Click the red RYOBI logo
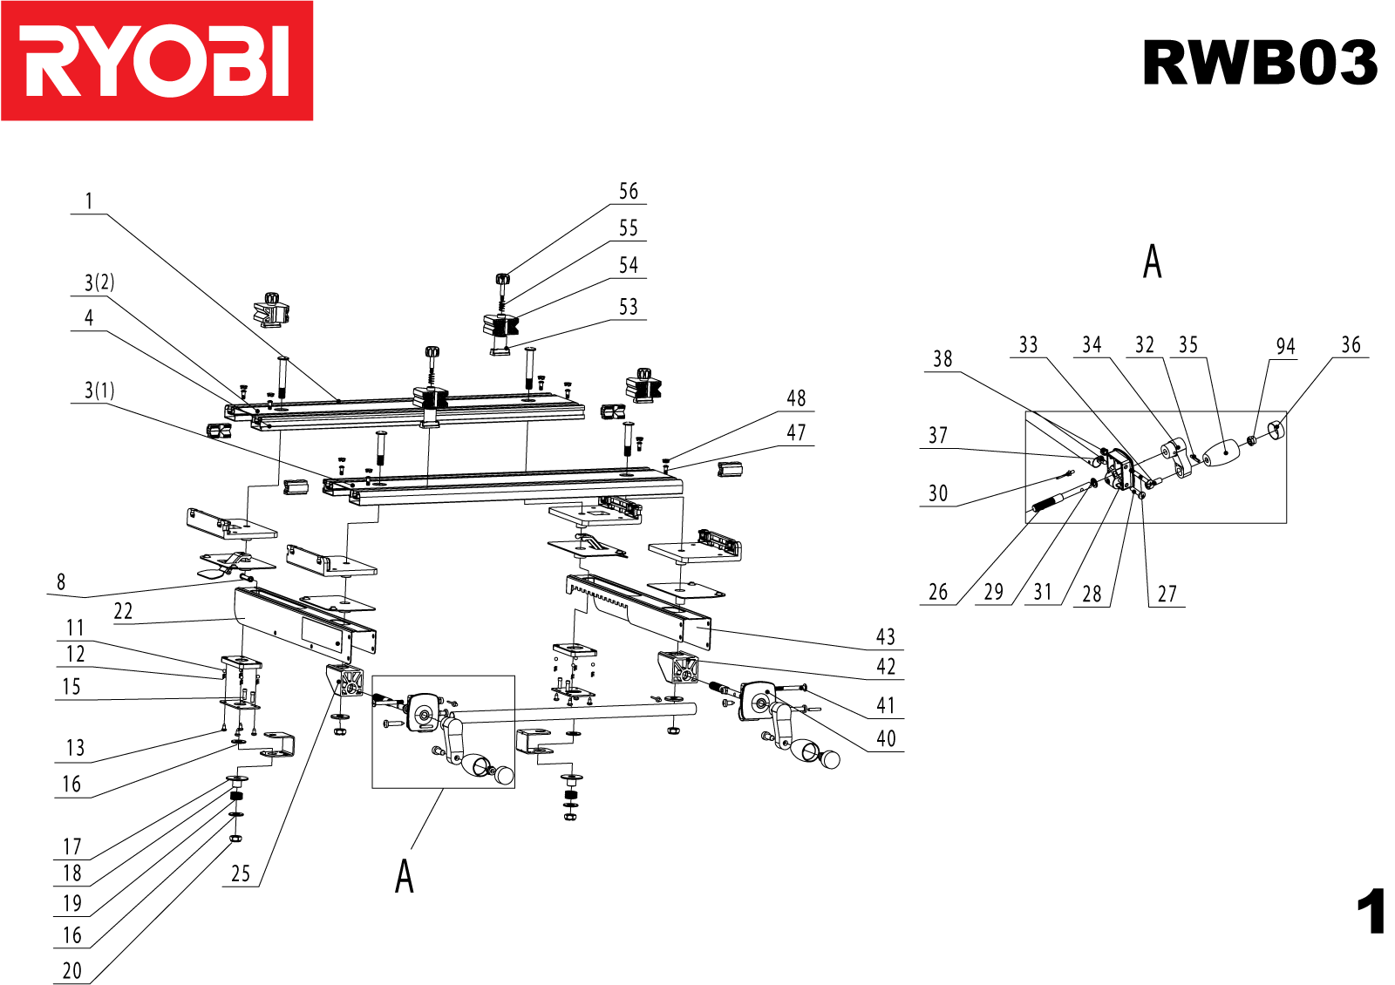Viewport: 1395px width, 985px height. click(x=157, y=61)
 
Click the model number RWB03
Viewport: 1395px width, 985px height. click(x=1259, y=63)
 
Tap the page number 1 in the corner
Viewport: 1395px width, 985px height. click(x=1371, y=912)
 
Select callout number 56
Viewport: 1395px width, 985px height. click(x=629, y=192)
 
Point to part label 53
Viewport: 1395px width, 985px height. click(x=629, y=308)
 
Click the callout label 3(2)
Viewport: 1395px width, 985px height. click(x=99, y=282)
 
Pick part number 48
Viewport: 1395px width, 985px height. click(x=796, y=398)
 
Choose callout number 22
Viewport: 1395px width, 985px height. click(x=123, y=612)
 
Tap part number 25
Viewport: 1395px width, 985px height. click(x=241, y=874)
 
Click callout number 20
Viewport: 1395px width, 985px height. click(x=72, y=971)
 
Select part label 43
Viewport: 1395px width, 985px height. click(x=886, y=637)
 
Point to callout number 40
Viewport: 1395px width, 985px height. click(x=886, y=739)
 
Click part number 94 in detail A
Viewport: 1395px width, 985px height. click(x=1285, y=347)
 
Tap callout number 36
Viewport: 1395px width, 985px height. click(x=1351, y=345)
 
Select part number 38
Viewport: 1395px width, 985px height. click(x=942, y=359)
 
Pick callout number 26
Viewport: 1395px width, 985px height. click(x=938, y=593)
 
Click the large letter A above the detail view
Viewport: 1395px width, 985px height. click(x=1153, y=262)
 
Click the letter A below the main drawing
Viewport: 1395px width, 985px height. click(x=405, y=876)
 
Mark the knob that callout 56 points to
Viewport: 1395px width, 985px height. click(x=502, y=280)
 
